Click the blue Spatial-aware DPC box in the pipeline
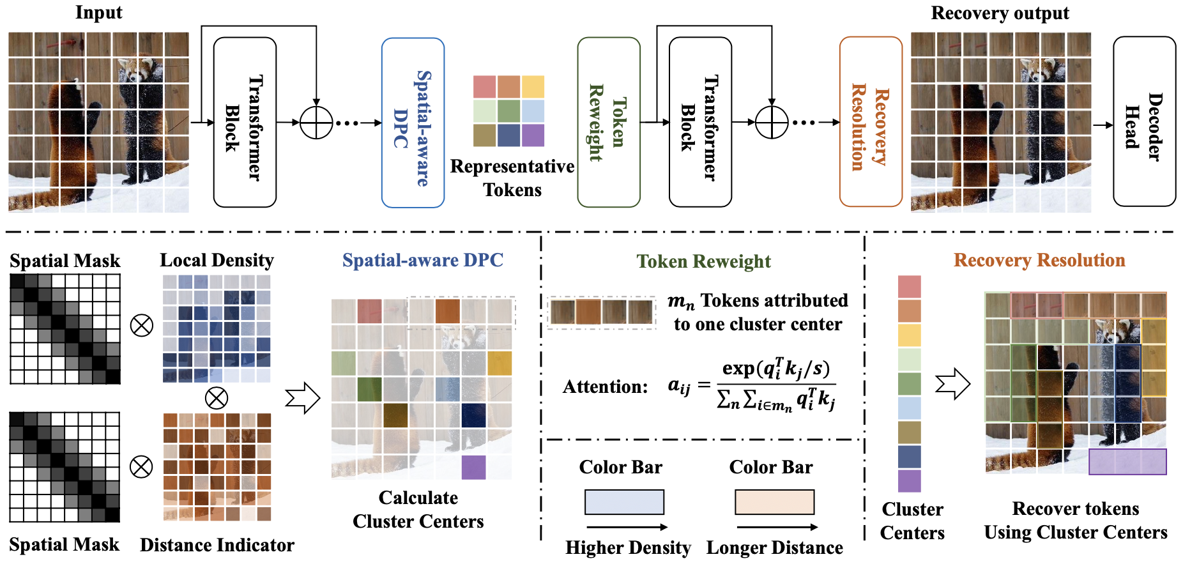click(x=413, y=123)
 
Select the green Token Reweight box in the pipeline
click(x=608, y=122)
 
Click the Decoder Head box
click(x=1143, y=121)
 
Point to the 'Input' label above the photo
click(x=98, y=13)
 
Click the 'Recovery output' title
click(x=1000, y=13)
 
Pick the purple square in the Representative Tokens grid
click(x=533, y=135)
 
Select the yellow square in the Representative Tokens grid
click(x=533, y=87)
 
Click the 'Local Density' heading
click(x=217, y=260)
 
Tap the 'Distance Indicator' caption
click(x=217, y=545)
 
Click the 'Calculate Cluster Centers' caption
click(x=418, y=510)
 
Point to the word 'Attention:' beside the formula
click(x=605, y=386)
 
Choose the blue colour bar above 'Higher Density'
click(x=624, y=502)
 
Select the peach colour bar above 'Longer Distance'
click(x=774, y=502)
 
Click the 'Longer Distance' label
click(x=774, y=548)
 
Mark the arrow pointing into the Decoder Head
click(x=1103, y=125)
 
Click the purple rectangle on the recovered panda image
click(x=1127, y=462)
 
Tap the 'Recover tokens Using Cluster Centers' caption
click(x=1076, y=521)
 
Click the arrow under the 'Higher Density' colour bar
click(x=627, y=527)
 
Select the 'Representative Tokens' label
click(x=512, y=178)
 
